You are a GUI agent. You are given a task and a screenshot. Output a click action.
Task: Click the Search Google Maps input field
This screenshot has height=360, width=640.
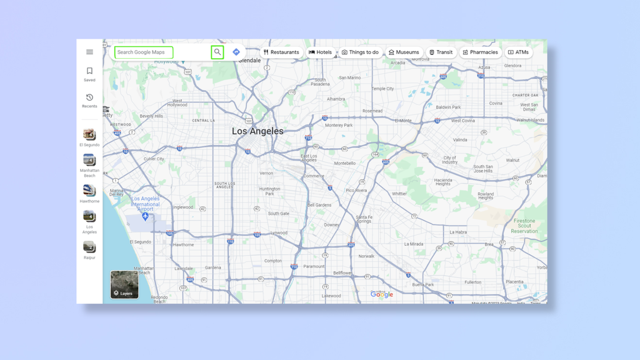pos(144,52)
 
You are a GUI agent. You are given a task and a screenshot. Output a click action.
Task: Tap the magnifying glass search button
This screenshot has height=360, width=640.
pos(217,52)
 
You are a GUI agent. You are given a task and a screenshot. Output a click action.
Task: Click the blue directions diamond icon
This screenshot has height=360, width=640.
pos(236,52)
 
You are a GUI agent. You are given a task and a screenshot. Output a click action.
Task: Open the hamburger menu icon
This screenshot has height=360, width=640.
pos(89,52)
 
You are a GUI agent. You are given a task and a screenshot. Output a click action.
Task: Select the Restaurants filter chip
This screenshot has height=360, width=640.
pos(281,52)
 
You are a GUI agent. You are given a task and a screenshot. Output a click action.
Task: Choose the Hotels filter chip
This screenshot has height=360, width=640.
pos(321,52)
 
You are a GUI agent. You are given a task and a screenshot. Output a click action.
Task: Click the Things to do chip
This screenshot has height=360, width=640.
pos(361,52)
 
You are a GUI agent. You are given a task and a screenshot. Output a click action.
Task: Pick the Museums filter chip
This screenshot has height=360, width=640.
pos(404,52)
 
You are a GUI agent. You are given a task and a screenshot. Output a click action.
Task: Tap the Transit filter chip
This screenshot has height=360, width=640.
pos(441,52)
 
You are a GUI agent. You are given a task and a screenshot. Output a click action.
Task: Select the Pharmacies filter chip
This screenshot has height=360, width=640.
pos(481,52)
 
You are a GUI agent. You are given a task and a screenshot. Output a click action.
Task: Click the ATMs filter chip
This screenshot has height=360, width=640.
pos(518,52)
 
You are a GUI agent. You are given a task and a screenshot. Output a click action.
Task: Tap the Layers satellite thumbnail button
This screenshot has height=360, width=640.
pos(124,284)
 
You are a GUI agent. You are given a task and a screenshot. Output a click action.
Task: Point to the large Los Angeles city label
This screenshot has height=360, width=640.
pos(257,131)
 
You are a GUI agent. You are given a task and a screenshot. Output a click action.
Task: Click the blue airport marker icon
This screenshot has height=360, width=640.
pos(145,216)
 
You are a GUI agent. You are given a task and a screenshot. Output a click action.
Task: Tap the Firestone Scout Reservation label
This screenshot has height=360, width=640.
pos(524,226)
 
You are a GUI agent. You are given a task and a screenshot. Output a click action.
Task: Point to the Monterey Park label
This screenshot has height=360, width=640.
pos(339,125)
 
